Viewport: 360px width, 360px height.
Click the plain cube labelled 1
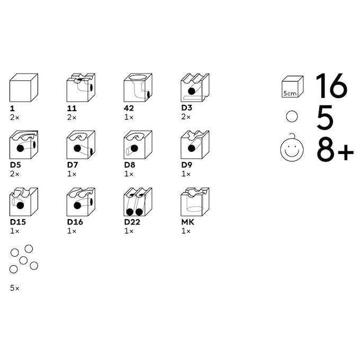coord(24,88)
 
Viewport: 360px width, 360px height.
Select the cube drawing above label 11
coord(81,88)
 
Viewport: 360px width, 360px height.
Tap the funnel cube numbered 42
coord(138,88)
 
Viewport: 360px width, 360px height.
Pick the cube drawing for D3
coord(195,88)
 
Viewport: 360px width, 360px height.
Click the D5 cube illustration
coord(24,145)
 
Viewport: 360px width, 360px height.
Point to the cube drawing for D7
coord(81,145)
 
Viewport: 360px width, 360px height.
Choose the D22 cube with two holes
coord(138,202)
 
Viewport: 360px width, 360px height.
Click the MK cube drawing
coord(195,202)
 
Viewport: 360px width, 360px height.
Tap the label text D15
coord(18,222)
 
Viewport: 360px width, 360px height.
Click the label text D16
coord(75,222)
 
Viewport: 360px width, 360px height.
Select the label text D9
coord(187,165)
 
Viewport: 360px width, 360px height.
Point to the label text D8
coord(130,165)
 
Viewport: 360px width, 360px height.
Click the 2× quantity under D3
coord(186,117)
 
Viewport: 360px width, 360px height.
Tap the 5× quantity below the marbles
coord(15,288)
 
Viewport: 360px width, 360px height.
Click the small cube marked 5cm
coord(292,87)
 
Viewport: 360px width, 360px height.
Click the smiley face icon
coord(292,149)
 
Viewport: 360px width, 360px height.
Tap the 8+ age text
coord(335,149)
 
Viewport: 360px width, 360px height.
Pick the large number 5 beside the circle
coord(325,117)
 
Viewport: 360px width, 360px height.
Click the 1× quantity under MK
coord(186,231)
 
